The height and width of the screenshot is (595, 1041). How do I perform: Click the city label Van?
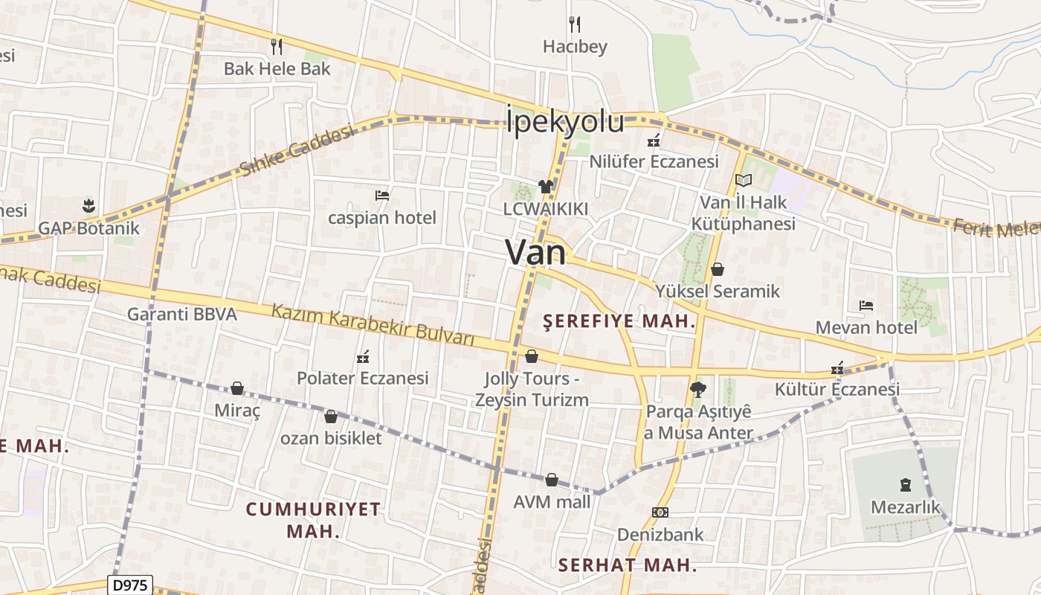pyautogui.click(x=535, y=253)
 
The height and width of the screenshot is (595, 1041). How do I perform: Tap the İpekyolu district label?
pyautogui.click(x=564, y=122)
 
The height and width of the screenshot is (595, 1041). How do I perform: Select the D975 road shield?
pyautogui.click(x=131, y=585)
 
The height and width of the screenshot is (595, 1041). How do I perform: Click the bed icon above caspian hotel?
pyautogui.click(x=382, y=196)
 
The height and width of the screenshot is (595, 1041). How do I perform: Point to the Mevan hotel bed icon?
pyautogui.click(x=866, y=305)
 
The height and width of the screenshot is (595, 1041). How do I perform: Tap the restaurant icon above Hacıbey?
pyautogui.click(x=574, y=25)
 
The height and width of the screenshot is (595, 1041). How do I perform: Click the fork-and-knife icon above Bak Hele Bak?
pyautogui.click(x=277, y=47)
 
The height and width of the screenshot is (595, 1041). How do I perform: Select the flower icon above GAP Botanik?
pyautogui.click(x=88, y=205)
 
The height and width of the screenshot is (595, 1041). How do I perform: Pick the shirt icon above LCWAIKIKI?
pyautogui.click(x=546, y=187)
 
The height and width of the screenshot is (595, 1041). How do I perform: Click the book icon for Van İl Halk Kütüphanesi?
pyautogui.click(x=743, y=180)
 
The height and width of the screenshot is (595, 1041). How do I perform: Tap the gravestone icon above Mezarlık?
pyautogui.click(x=905, y=485)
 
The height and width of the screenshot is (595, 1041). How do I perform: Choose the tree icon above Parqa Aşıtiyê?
pyautogui.click(x=697, y=388)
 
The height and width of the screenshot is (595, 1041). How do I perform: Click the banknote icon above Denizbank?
pyautogui.click(x=660, y=512)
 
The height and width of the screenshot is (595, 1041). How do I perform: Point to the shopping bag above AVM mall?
pyautogui.click(x=552, y=480)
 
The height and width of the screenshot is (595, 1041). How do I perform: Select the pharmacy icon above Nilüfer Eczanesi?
pyautogui.click(x=654, y=139)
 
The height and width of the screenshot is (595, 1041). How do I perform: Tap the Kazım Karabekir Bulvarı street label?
pyautogui.click(x=373, y=325)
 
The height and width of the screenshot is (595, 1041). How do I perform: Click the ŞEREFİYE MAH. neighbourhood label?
pyautogui.click(x=619, y=321)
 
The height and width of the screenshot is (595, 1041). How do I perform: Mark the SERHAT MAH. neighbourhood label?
pyautogui.click(x=628, y=565)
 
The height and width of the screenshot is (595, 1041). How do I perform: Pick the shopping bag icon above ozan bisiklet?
pyautogui.click(x=331, y=416)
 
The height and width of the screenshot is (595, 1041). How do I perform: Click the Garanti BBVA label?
pyautogui.click(x=182, y=314)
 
